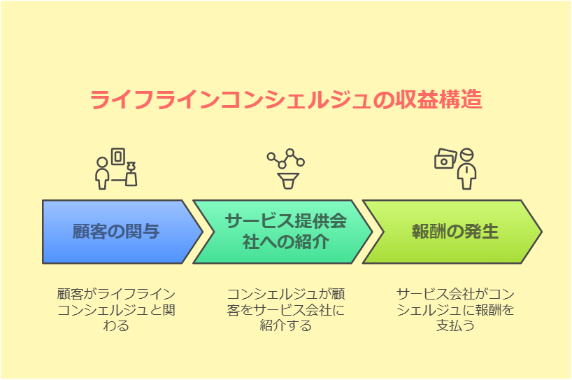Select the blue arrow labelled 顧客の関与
[x=116, y=232]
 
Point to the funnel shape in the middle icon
[x=285, y=181]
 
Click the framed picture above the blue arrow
[x=119, y=156]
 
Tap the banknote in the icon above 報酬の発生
[x=445, y=160]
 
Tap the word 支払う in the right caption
[x=455, y=325]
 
